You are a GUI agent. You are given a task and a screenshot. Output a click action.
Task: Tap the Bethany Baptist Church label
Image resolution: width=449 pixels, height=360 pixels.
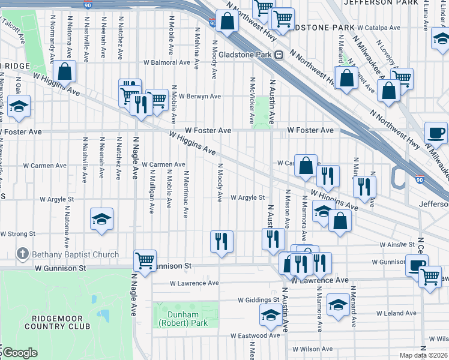(x=75, y=254)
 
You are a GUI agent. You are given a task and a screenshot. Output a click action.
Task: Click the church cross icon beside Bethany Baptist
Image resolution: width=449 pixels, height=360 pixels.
(x=23, y=254)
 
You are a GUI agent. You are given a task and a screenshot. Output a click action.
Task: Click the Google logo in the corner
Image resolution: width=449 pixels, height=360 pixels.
(x=19, y=353)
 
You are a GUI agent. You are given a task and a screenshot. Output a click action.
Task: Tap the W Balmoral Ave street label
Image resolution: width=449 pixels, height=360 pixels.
(x=166, y=62)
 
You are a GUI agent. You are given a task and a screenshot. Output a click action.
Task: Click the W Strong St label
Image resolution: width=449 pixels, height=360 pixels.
(x=19, y=233)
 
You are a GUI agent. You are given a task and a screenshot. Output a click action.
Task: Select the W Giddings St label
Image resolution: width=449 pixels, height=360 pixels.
(x=258, y=299)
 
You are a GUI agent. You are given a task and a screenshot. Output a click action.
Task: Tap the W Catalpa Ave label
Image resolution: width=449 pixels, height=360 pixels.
(x=379, y=28)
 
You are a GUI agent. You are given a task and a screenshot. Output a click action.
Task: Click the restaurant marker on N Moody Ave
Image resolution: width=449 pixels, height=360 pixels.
(x=221, y=242)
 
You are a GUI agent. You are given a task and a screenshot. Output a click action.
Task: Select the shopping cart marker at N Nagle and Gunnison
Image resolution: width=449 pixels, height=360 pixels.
(x=145, y=261)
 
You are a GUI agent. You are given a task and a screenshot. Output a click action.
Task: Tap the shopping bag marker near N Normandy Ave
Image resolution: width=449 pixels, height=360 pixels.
(x=64, y=72)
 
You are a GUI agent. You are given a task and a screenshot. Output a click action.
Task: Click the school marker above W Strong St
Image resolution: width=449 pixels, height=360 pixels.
(x=101, y=220)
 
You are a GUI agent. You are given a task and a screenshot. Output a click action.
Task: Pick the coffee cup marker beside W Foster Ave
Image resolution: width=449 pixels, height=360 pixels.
(x=436, y=132)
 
